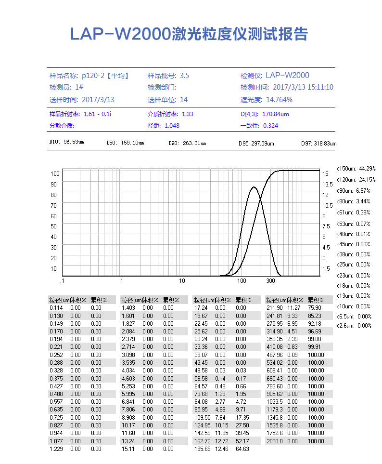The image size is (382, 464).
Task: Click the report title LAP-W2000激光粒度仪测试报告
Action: click(189, 34)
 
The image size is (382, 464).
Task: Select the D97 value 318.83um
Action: click(325, 144)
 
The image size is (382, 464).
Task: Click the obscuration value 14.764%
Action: click(279, 100)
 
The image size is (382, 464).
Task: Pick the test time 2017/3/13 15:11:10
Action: click(303, 87)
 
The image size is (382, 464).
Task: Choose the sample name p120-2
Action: click(93, 75)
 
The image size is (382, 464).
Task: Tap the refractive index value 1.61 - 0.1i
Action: click(98, 114)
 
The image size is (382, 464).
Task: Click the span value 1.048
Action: click(172, 126)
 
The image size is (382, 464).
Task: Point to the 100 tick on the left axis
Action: click(54, 173)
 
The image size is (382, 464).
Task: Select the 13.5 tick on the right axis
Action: click(328, 184)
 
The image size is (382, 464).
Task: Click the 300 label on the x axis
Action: click(270, 281)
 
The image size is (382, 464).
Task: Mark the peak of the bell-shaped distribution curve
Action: click(254, 187)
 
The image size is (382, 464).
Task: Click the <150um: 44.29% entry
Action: click(356, 169)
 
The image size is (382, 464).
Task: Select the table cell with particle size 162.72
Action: click(202, 441)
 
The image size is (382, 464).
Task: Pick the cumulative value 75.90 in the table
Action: click(315, 308)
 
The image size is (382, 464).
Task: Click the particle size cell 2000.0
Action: click(274, 441)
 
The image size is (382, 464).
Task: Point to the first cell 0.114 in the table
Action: click(56, 308)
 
